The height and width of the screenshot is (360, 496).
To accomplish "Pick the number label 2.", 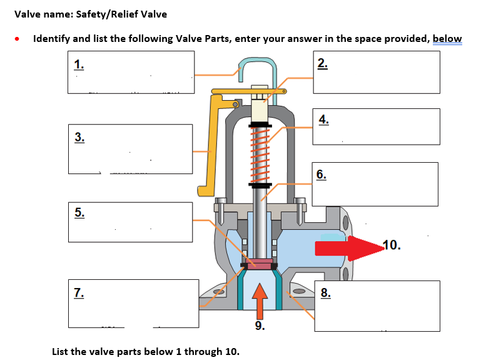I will (x=321, y=63).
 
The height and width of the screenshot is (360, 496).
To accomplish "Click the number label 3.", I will (x=79, y=136).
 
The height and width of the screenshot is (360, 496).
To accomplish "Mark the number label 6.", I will (x=321, y=174).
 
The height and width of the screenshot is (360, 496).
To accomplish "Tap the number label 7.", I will (x=79, y=292).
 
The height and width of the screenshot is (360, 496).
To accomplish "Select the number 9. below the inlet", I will (x=260, y=327).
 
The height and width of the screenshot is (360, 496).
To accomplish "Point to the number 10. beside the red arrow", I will (x=391, y=245).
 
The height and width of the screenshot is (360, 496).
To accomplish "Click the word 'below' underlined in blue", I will (x=447, y=39).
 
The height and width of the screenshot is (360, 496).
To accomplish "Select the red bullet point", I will (x=19, y=39).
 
